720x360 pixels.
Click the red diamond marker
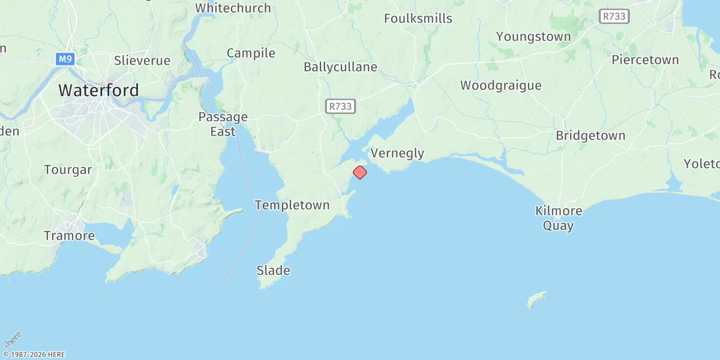359,172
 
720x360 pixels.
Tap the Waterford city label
98,91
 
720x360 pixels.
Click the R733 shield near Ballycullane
341,106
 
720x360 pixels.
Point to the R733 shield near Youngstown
614,17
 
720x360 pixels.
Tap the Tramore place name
69,236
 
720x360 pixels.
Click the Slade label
273,270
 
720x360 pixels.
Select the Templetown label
292,205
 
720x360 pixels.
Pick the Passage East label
223,124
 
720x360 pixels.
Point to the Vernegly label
397,153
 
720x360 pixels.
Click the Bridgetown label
590,136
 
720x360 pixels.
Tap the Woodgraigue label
500,85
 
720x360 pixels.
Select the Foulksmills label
418,19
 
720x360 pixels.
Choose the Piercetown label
645,60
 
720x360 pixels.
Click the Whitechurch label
233,8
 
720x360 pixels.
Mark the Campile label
251,53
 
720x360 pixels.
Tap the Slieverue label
142,61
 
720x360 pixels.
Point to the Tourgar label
68,170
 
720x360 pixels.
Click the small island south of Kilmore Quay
537,299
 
